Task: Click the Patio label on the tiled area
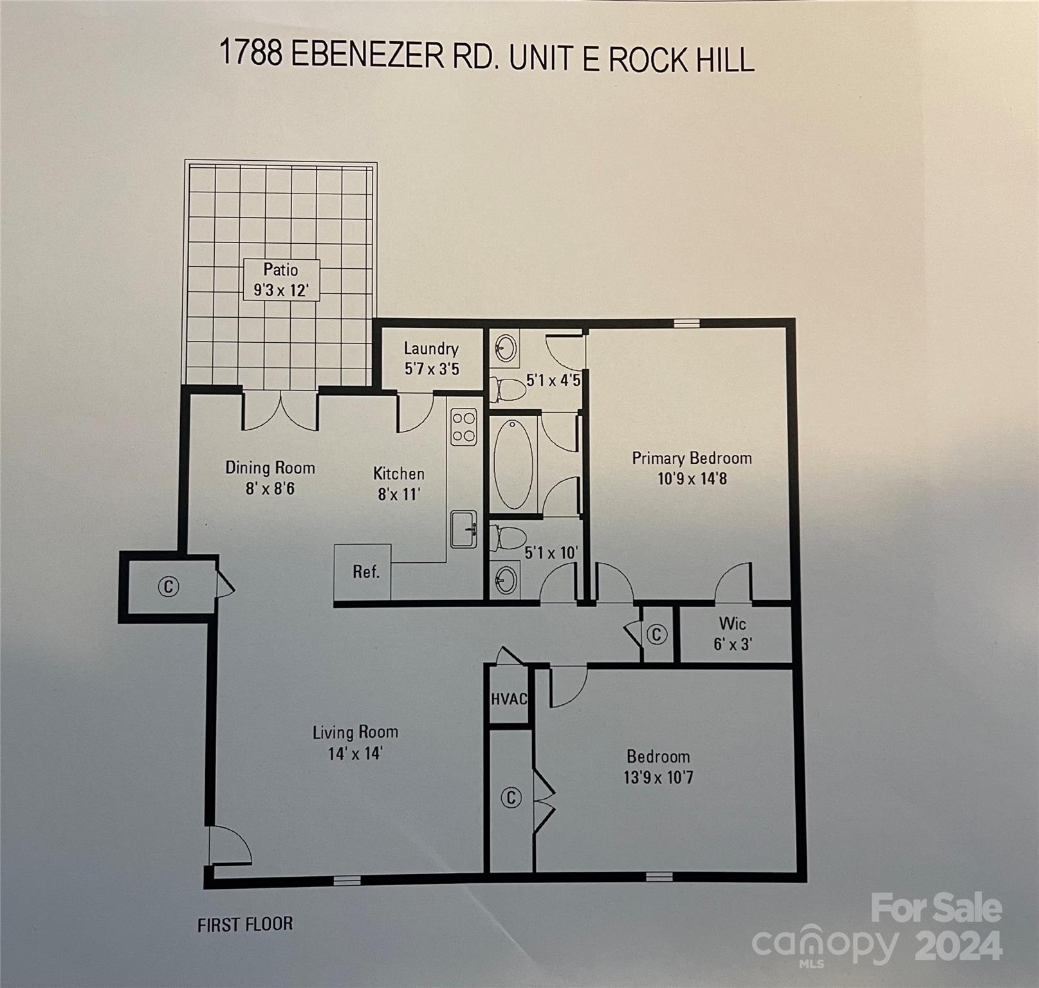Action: pyautogui.click(x=280, y=270)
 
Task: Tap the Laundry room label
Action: pyautogui.click(x=431, y=349)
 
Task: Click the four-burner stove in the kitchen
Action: pyautogui.click(x=463, y=427)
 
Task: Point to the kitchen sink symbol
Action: pyautogui.click(x=463, y=529)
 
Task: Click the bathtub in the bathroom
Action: pyautogui.click(x=513, y=464)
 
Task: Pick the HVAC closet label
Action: pyautogui.click(x=509, y=699)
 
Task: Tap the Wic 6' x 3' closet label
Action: pyautogui.click(x=733, y=634)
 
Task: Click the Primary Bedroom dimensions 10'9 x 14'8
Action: pyautogui.click(x=692, y=479)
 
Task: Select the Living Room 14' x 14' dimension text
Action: pyautogui.click(x=355, y=753)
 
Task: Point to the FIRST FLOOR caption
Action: pyautogui.click(x=245, y=925)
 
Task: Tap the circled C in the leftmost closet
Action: pyautogui.click(x=169, y=587)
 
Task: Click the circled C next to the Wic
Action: pyautogui.click(x=656, y=635)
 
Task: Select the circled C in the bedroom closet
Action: pyautogui.click(x=511, y=798)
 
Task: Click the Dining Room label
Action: pyautogui.click(x=270, y=468)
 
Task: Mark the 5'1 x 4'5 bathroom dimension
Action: pyautogui.click(x=553, y=380)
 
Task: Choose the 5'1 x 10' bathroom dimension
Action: pyautogui.click(x=551, y=553)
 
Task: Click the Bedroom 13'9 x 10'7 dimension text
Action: pyautogui.click(x=658, y=778)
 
